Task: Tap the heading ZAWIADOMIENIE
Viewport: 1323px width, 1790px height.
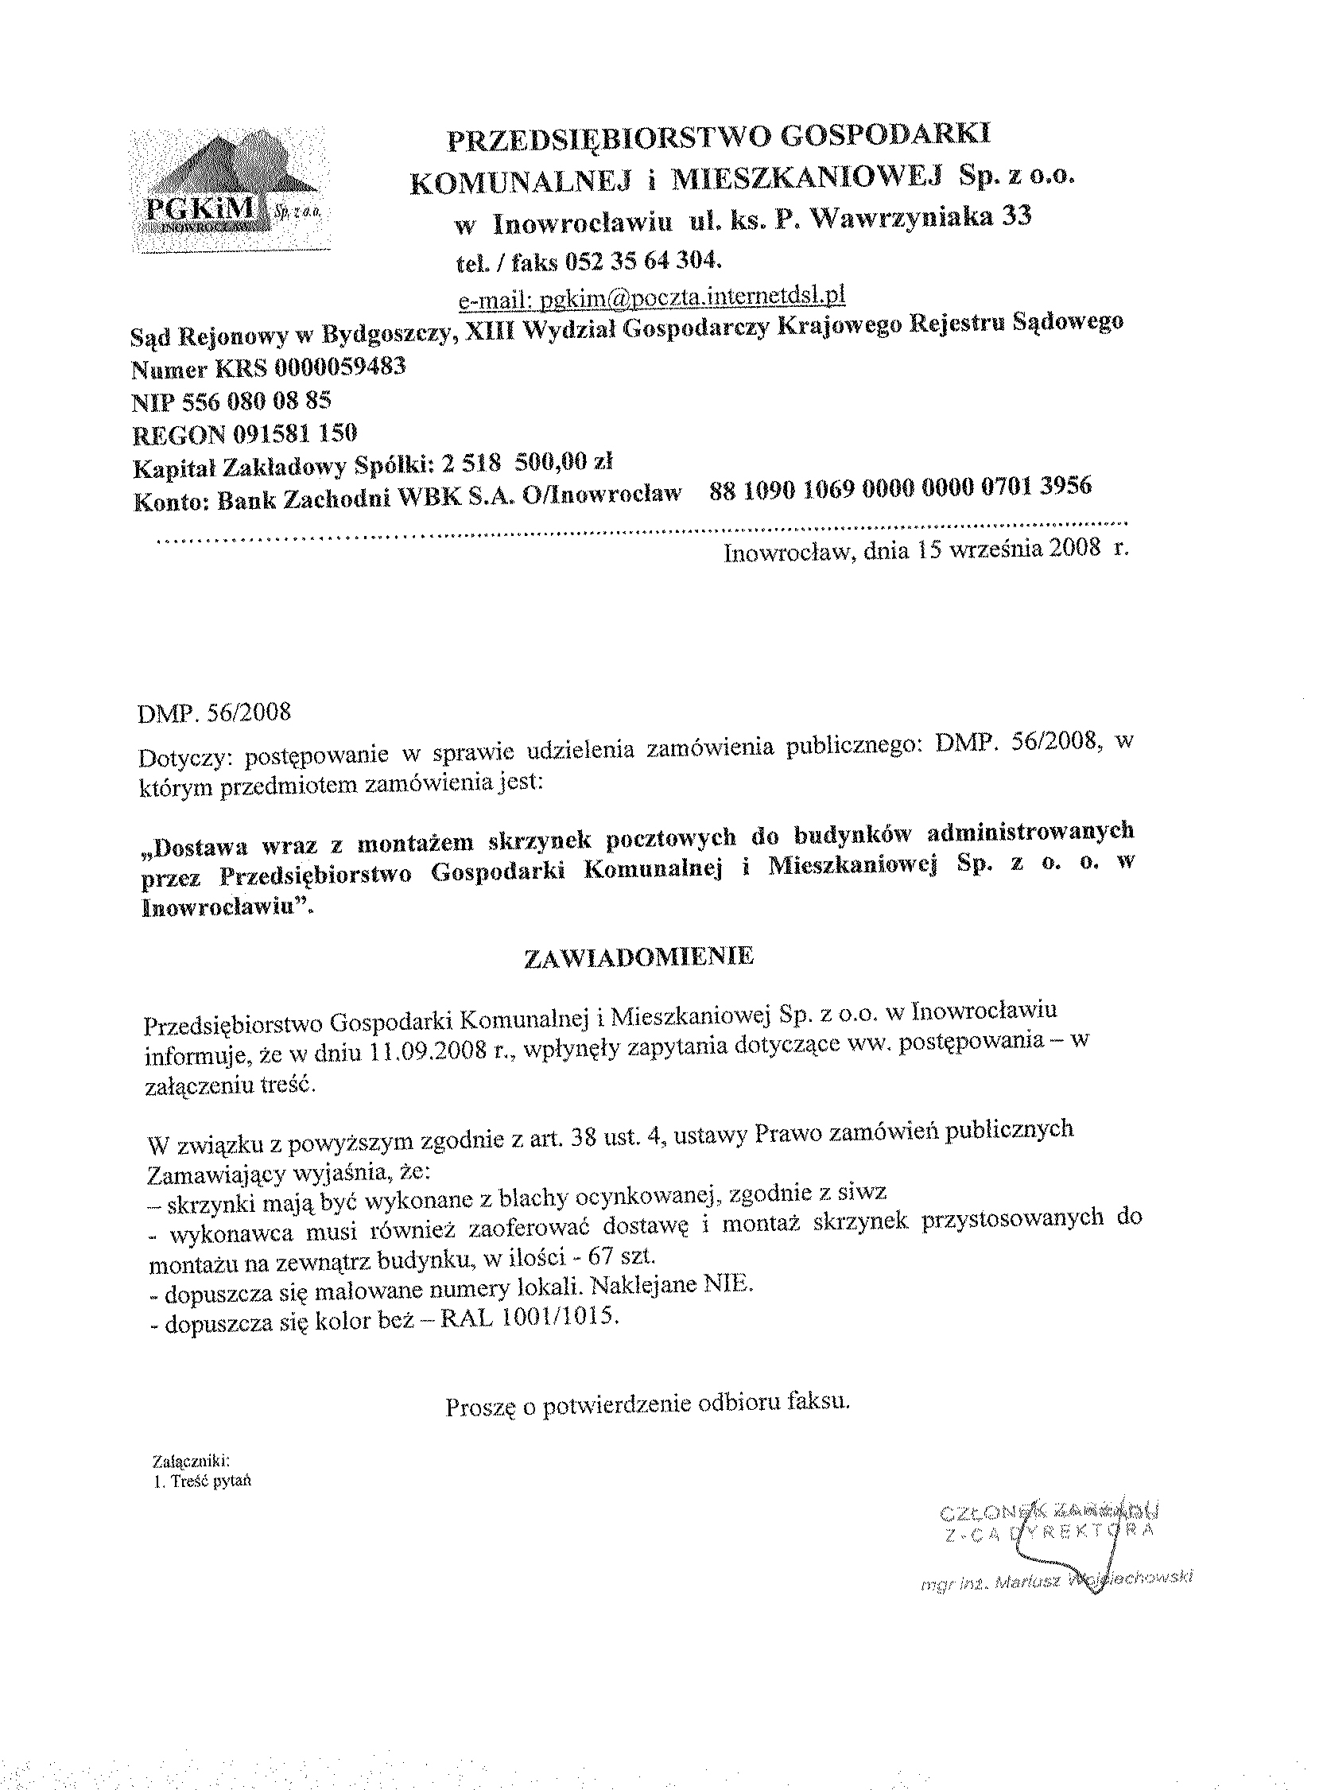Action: coord(638,958)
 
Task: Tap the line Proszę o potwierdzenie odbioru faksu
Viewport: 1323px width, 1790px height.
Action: coord(646,1404)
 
